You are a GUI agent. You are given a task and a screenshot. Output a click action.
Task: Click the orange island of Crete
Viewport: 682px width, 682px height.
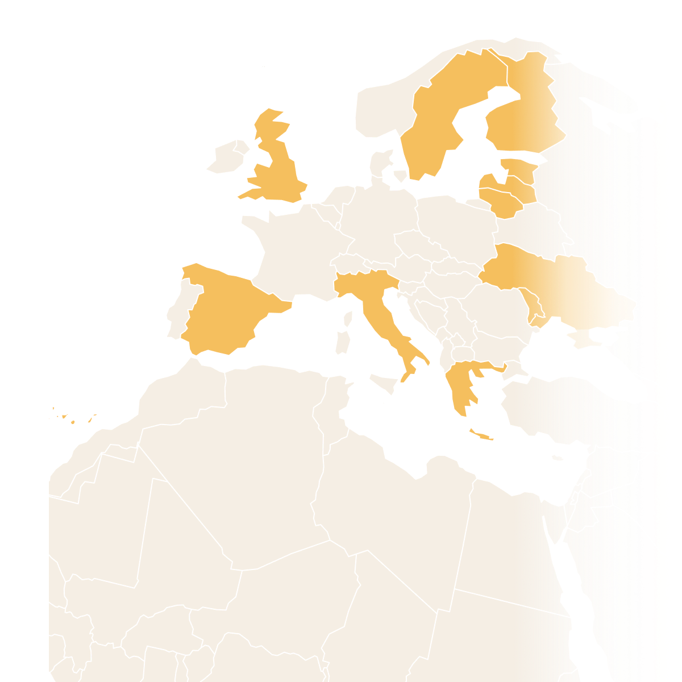click(481, 436)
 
